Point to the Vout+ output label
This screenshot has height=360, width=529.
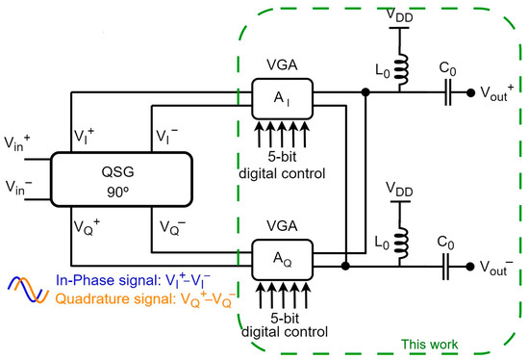pyautogui.click(x=499, y=93)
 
